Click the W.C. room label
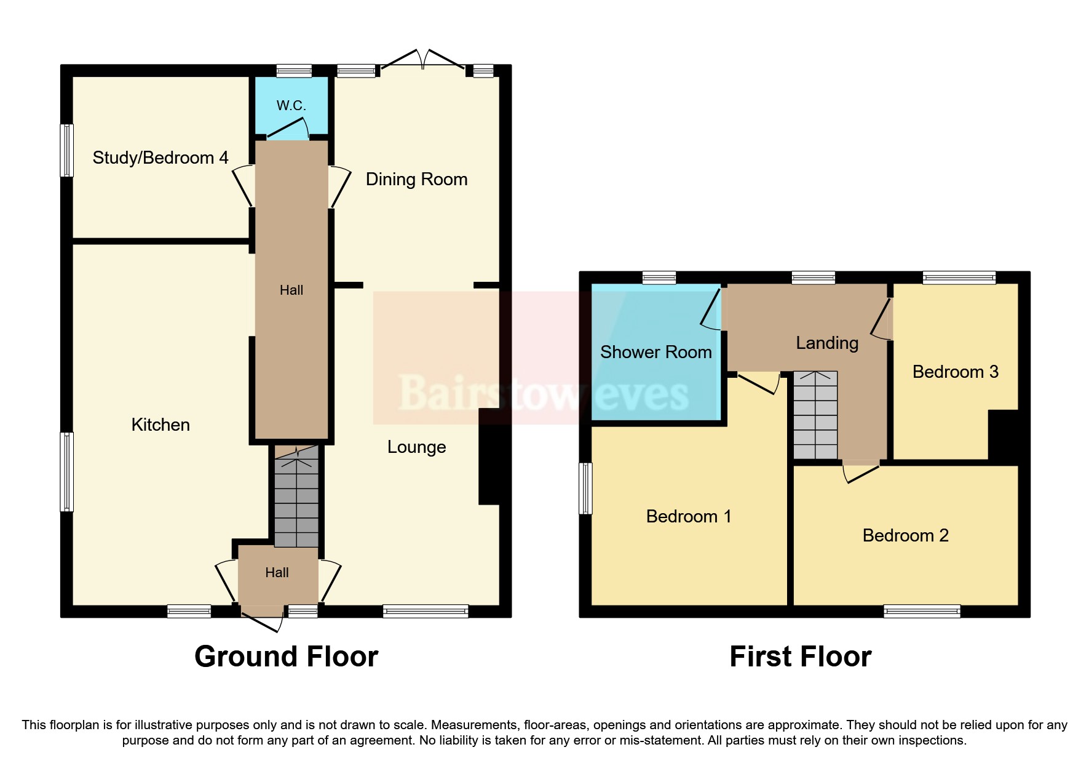[x=291, y=105]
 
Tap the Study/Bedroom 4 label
[x=160, y=158]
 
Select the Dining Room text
[x=416, y=179]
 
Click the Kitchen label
[x=160, y=425]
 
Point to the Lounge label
[x=416, y=447]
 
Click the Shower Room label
[x=655, y=352]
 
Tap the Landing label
[x=826, y=343]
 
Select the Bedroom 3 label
[x=955, y=372]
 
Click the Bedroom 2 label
[x=905, y=535]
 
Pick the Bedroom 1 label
[x=688, y=516]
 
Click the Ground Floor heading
[x=286, y=657]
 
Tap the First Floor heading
[x=800, y=657]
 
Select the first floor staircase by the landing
[x=815, y=415]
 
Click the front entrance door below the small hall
[x=262, y=621]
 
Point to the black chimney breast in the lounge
[x=489, y=457]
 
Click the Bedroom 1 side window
[x=585, y=488]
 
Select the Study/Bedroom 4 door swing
[x=244, y=185]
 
